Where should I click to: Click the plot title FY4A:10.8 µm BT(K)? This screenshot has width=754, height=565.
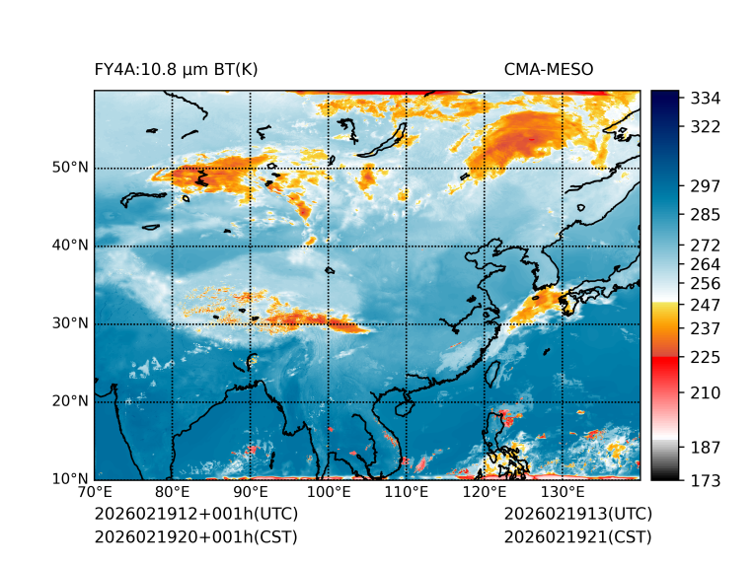[176, 69]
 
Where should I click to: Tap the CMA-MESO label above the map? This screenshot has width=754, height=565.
[548, 69]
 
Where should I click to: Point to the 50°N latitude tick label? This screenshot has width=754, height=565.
[70, 168]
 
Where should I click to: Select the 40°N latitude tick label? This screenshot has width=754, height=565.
[70, 246]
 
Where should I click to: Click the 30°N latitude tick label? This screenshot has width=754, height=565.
[70, 323]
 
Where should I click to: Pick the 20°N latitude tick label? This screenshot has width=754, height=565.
[70, 401]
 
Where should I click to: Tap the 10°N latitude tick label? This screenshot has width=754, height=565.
[70, 479]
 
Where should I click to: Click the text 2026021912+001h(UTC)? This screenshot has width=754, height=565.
[195, 515]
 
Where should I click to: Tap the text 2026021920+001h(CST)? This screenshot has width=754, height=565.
[195, 537]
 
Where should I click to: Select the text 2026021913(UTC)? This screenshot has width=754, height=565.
[577, 515]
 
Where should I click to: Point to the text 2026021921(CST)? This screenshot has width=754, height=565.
[577, 537]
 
